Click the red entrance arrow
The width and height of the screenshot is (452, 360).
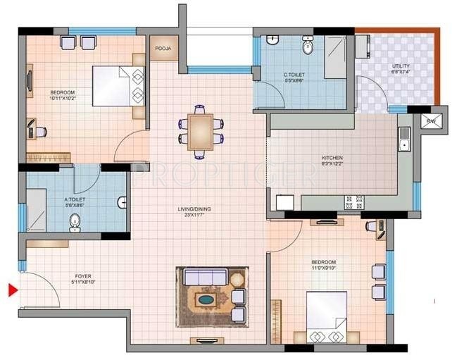tap(12, 289)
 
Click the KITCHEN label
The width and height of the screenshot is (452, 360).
tap(332, 159)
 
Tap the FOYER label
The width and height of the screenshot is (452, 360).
tap(83, 275)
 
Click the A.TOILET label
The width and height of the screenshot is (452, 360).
tap(75, 199)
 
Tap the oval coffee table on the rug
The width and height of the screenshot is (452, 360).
tap(206, 299)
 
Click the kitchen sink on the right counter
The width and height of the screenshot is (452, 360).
tap(403, 145)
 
